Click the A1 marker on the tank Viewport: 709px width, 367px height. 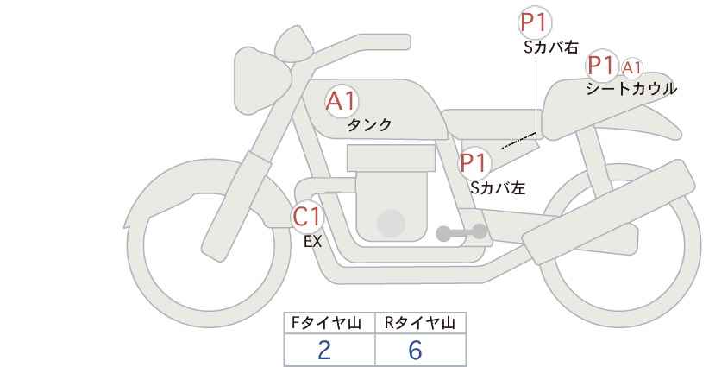[x=342, y=101]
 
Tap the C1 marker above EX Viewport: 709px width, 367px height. [x=307, y=217]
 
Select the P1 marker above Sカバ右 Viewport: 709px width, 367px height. [x=535, y=22]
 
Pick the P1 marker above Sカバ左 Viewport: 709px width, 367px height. [x=474, y=163]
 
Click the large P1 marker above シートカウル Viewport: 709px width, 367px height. [x=602, y=66]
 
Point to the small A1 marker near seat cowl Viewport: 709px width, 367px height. [x=631, y=68]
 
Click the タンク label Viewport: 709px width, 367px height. [x=369, y=125]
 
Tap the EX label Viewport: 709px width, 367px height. [x=312, y=242]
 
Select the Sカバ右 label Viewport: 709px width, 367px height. [x=551, y=47]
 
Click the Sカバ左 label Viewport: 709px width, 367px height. [x=498, y=187]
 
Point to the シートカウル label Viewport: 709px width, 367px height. [x=631, y=89]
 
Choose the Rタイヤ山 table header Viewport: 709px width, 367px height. [x=420, y=323]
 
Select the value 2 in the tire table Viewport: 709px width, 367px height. [x=324, y=350]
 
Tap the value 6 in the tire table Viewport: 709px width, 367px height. [x=415, y=350]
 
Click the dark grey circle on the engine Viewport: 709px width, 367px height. [x=391, y=223]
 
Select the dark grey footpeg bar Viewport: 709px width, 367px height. [x=461, y=232]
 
